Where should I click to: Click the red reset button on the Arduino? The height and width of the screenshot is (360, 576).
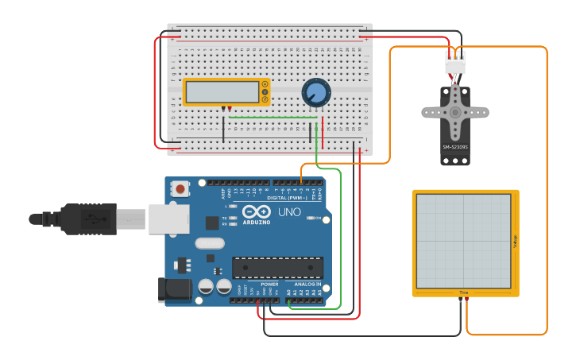pyautogui.click(x=181, y=189)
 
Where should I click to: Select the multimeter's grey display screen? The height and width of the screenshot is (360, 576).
pyautogui.click(x=222, y=93)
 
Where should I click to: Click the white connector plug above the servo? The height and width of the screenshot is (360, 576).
pyautogui.click(x=455, y=62)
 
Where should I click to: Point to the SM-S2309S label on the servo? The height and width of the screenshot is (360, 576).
pyautogui.click(x=455, y=147)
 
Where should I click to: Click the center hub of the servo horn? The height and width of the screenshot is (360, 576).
pyautogui.click(x=455, y=112)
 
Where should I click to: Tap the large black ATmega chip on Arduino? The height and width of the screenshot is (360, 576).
pyautogui.click(x=277, y=269)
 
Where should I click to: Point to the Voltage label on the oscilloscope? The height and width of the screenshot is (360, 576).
pyautogui.click(x=515, y=241)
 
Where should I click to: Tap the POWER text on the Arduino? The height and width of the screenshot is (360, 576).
pyautogui.click(x=269, y=284)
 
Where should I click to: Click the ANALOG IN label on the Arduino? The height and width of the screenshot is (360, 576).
pyautogui.click(x=307, y=284)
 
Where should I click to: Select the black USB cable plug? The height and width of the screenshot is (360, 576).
pyautogui.click(x=87, y=219)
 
